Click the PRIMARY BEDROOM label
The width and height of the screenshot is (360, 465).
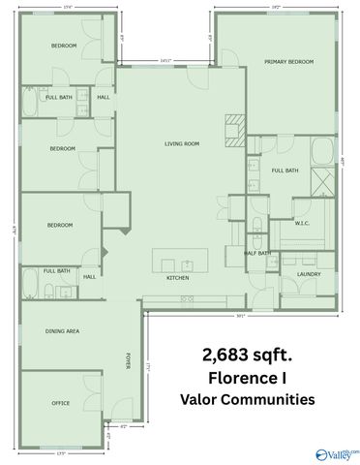[x=289, y=62]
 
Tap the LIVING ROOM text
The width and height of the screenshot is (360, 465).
[x=179, y=144]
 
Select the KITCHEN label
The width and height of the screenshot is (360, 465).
[x=177, y=278]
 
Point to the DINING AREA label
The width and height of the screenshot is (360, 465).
[x=62, y=331]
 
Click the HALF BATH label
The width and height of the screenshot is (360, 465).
[x=258, y=254]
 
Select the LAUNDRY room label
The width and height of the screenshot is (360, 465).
[x=309, y=274]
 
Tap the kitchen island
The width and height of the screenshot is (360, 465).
[x=180, y=260]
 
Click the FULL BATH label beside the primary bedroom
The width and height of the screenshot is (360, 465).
[x=285, y=170]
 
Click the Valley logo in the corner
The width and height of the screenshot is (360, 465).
[x=336, y=451]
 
